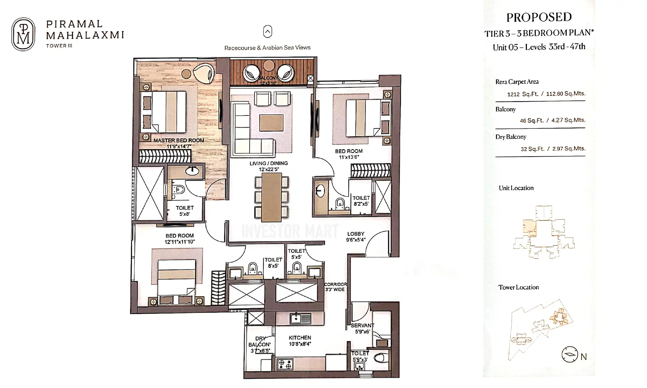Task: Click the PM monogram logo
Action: [23, 34]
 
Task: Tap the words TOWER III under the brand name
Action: [59, 46]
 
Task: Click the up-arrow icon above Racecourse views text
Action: [267, 32]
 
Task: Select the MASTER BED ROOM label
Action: [179, 140]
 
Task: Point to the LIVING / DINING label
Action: [269, 163]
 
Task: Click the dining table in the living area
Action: [271, 197]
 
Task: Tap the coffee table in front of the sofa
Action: [271, 123]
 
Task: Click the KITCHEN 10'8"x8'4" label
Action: [300, 341]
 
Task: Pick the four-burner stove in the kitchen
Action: [285, 364]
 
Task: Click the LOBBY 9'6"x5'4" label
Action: [356, 237]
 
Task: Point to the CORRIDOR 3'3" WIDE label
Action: [335, 287]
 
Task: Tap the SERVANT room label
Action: [362, 328]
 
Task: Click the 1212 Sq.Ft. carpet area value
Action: [522, 94]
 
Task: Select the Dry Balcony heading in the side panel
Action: [511, 137]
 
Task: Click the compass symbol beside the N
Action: [570, 354]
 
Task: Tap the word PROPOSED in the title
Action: [539, 17]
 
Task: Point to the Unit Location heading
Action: [516, 188]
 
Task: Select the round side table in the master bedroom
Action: [186, 74]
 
